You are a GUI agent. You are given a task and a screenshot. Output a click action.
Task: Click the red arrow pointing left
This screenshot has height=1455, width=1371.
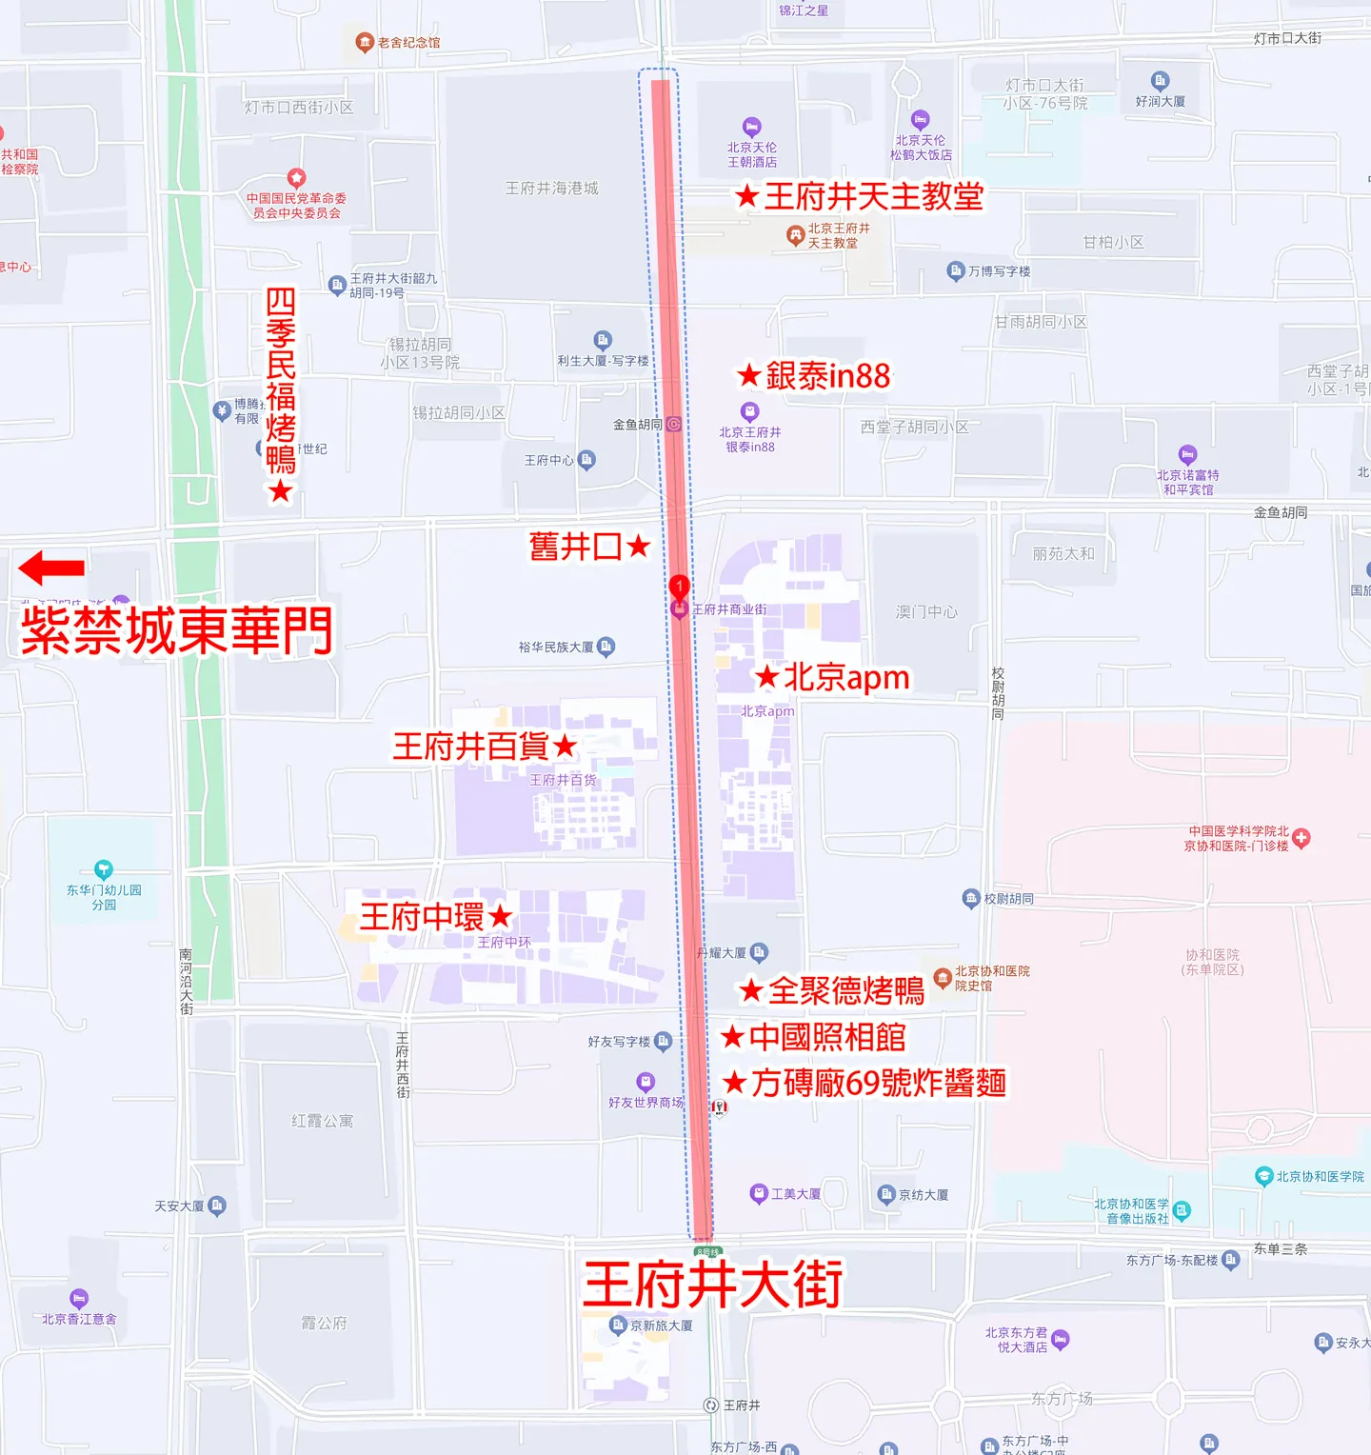point(51,568)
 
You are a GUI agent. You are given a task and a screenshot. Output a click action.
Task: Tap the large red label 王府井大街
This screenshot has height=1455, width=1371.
point(712,1285)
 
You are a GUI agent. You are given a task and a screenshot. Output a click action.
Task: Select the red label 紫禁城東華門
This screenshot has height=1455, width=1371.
point(177,630)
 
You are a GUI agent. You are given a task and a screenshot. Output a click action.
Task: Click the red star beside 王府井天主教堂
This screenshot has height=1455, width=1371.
point(747,197)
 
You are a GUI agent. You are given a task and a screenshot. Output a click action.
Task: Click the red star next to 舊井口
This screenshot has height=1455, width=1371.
point(639,546)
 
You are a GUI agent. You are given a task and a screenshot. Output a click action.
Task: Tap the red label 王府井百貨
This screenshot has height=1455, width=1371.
point(471,746)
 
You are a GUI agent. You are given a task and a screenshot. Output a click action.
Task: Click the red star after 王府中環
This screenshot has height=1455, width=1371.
point(501,917)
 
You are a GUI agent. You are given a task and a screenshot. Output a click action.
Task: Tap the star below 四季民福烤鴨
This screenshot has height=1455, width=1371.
point(280,491)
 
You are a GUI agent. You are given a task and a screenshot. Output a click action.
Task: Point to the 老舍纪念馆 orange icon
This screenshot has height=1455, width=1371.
point(364,42)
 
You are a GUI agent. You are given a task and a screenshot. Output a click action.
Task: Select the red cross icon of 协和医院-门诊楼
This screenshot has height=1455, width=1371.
point(1301,837)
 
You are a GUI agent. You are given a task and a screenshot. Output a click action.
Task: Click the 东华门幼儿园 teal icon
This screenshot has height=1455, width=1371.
point(104,869)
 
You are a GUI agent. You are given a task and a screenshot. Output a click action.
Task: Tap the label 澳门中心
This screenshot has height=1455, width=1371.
point(926,611)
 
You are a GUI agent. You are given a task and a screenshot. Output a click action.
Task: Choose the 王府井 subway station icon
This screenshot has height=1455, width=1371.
point(710,1405)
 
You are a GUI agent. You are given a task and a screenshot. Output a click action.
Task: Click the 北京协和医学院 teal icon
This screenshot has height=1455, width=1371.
point(1263,1176)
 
